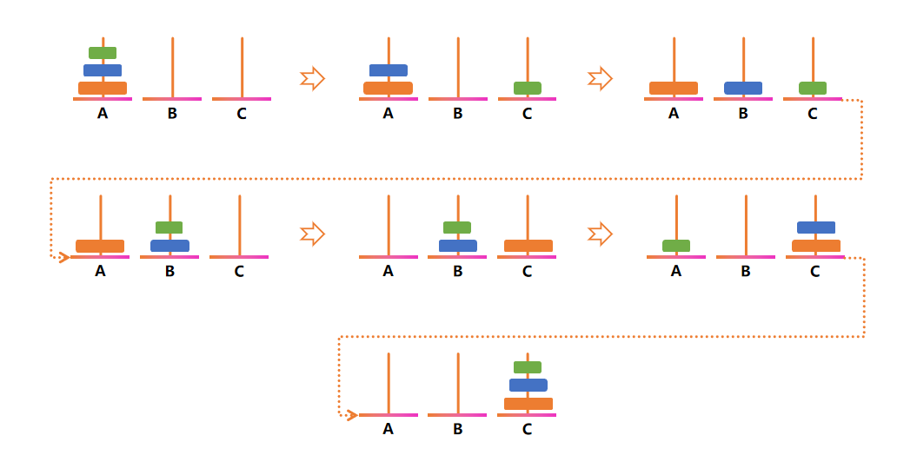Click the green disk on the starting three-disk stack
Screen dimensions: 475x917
tap(103, 53)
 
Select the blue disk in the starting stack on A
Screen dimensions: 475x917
tap(103, 70)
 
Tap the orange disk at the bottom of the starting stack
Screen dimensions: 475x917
tap(103, 88)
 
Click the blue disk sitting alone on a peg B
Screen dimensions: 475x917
tap(743, 88)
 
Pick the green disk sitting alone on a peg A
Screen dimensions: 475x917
tap(676, 246)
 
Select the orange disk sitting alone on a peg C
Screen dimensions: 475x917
tap(528, 246)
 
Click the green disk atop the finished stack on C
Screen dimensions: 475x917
tap(528, 367)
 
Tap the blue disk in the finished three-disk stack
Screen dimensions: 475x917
tap(528, 385)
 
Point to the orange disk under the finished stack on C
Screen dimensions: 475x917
tap(528, 404)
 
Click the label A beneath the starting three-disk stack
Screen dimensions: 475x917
tap(103, 113)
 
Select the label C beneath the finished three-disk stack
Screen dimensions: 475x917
tap(528, 429)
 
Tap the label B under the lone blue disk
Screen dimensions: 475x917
tap(743, 113)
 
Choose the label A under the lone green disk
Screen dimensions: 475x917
tap(676, 271)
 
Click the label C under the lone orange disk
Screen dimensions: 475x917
tap(528, 271)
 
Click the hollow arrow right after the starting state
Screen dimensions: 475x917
tap(312, 79)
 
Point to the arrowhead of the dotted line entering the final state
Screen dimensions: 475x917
tap(352, 415)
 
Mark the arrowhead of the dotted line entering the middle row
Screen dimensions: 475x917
tap(63, 257)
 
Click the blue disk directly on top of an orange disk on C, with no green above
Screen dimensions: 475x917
tap(815, 228)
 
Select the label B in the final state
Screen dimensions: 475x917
tap(458, 429)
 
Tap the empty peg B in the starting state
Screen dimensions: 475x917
tap(172, 68)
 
